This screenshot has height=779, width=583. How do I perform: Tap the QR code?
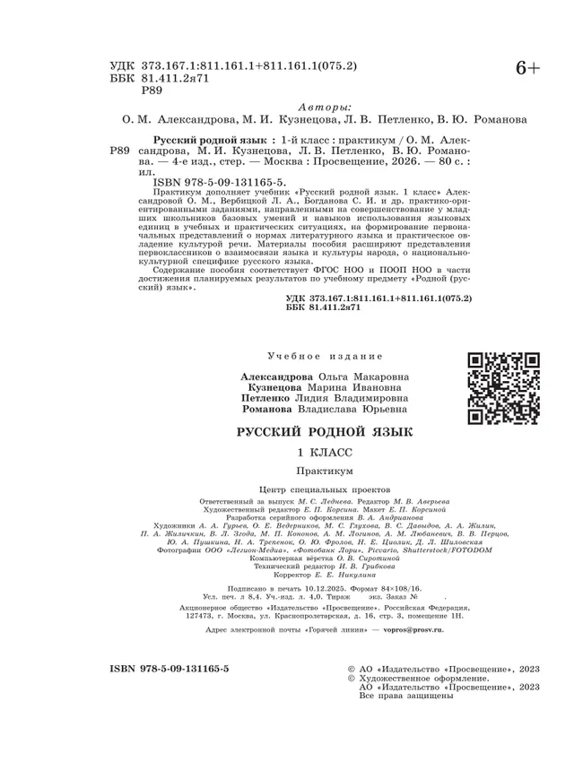tap(503, 388)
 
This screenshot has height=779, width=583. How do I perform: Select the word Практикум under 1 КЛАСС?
tap(324, 470)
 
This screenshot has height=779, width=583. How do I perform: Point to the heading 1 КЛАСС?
tap(325, 453)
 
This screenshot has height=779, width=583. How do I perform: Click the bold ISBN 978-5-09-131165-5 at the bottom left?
tap(169, 669)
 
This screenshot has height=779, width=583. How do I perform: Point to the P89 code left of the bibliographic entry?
tap(119, 152)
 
